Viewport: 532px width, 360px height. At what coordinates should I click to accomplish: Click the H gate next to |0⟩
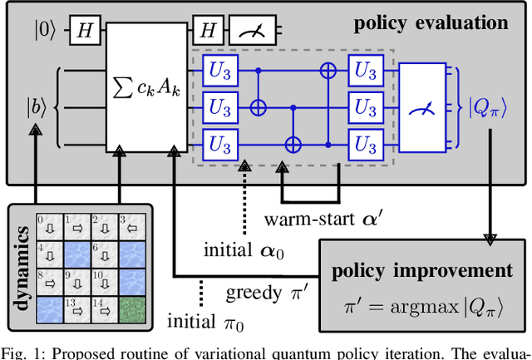pos(84,31)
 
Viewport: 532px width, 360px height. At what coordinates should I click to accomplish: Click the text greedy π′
pos(259,293)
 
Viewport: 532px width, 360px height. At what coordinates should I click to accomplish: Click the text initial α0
pos(241,249)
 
